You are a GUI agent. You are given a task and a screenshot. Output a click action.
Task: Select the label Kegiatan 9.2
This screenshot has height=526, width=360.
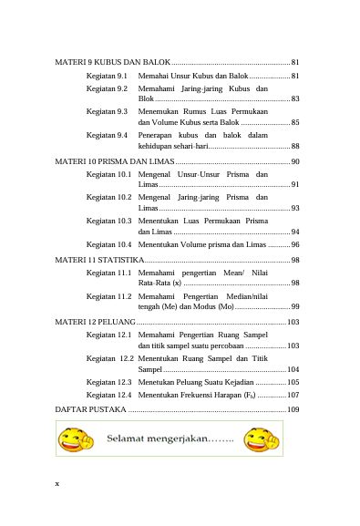107,88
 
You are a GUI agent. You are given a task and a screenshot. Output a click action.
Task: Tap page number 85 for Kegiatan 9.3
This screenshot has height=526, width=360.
295,121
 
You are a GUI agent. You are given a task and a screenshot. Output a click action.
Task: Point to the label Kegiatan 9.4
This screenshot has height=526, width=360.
107,135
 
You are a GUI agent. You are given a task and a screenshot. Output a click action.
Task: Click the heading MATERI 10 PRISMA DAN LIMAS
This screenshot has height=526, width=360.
114,161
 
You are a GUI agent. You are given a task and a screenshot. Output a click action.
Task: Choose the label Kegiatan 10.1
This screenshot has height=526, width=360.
109,173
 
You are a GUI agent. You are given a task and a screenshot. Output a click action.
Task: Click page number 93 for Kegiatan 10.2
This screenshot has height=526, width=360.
295,208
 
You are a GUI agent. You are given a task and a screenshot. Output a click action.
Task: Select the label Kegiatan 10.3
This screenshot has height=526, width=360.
109,221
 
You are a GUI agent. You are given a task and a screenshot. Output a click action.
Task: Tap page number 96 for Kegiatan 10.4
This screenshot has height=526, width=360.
295,244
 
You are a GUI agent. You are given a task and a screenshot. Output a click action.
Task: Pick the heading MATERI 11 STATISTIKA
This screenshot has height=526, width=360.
101,260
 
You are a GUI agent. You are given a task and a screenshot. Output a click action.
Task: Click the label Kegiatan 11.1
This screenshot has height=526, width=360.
109,272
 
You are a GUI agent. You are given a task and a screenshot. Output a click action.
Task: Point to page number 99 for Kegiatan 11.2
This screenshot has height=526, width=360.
295,306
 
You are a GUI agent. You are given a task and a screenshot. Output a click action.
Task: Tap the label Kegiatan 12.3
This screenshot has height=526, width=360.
109,382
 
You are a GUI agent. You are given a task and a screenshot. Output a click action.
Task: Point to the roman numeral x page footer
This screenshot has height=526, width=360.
57,483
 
